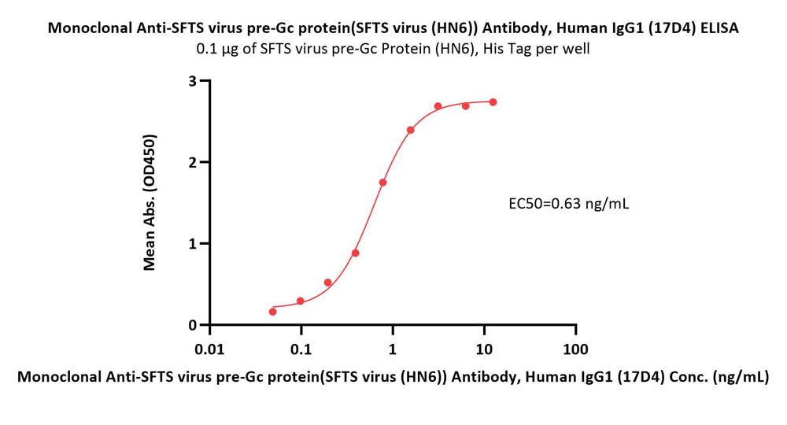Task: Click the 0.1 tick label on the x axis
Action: coord(301,349)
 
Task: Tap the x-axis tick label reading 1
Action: coord(393,349)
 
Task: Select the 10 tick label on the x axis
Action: coord(484,349)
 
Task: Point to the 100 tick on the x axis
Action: coord(575,349)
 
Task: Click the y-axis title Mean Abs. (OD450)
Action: coord(149,202)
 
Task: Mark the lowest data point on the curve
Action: coord(273,312)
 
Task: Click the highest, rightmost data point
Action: coord(493,102)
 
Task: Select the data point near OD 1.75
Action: coord(382,183)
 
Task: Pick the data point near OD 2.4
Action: coord(411,130)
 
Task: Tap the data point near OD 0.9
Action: coord(356,253)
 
